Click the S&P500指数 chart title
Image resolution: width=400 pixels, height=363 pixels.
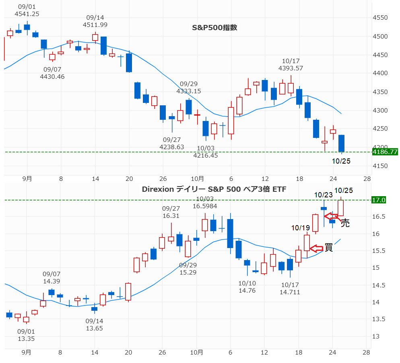214,28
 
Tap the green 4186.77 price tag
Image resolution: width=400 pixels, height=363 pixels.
385,152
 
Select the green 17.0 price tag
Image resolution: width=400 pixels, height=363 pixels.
379,200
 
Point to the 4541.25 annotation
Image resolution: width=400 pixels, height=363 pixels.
27,14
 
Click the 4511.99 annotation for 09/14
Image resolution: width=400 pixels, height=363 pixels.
95,25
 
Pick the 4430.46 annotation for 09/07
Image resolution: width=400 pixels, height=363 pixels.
52,76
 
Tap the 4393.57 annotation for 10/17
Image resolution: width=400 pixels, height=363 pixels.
291,68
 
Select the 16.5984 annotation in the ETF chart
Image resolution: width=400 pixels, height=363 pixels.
205,206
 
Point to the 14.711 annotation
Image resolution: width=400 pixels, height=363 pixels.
289,292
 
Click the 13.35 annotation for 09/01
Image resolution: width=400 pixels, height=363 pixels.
26,338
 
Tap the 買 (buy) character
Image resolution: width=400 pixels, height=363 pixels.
329,248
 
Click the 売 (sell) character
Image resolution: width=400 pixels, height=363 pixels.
345,224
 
